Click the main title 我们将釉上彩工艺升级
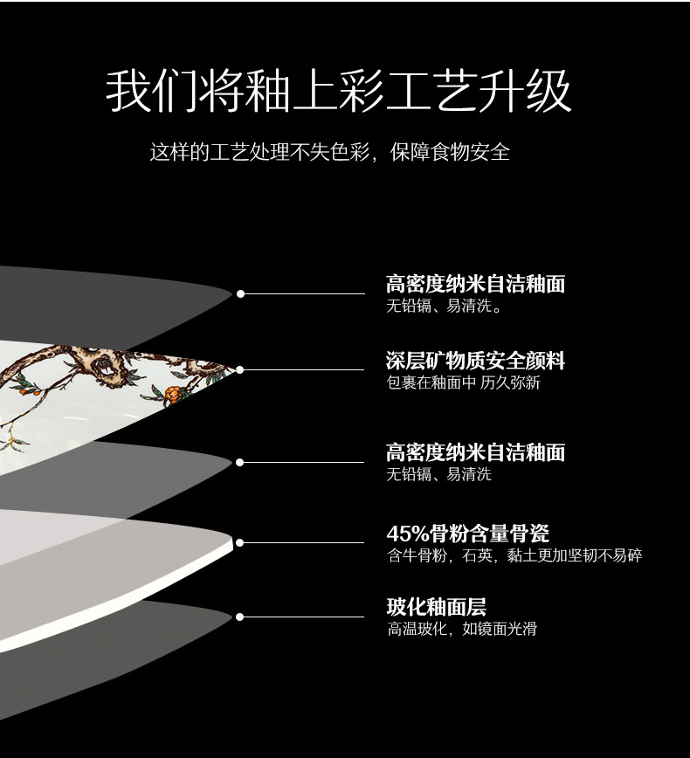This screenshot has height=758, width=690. [339, 92]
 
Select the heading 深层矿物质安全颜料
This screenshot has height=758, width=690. [475, 360]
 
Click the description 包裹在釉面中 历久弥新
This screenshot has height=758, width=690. [463, 382]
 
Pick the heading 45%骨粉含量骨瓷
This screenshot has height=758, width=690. [467, 533]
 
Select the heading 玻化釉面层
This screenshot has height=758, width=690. [436, 607]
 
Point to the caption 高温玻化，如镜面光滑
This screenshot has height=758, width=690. [461, 629]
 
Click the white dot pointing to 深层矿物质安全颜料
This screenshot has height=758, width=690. [239, 369]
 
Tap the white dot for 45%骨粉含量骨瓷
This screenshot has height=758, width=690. [239, 542]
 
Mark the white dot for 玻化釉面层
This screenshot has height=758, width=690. [239, 617]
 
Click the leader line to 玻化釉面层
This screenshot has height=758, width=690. [302, 617]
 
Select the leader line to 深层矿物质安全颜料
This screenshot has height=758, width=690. [302, 369]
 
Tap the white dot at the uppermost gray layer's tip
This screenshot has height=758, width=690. [240, 293]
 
